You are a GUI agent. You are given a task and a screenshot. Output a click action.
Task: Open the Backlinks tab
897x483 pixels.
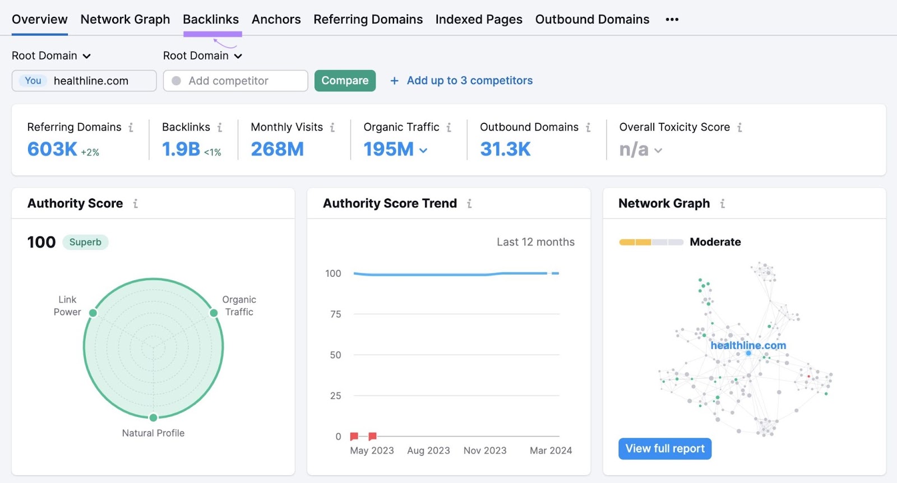point(211,20)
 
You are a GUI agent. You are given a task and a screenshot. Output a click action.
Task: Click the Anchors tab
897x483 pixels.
point(276,20)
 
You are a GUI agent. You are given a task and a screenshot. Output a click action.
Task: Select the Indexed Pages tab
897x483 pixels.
point(479,20)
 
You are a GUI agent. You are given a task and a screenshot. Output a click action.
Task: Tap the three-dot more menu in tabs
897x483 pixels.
point(672,20)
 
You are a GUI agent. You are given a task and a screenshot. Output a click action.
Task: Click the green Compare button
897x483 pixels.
point(345,81)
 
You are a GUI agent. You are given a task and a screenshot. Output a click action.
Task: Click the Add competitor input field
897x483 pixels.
point(235,81)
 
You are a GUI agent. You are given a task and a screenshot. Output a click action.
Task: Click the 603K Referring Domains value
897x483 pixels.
point(52,149)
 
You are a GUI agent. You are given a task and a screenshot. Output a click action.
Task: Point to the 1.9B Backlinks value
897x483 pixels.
point(181,149)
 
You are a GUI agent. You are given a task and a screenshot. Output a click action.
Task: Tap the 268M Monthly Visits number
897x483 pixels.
point(277,149)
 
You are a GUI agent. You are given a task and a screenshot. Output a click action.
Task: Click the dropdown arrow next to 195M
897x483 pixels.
point(423,150)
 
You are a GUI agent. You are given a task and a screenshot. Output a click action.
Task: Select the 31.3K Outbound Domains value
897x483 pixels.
point(505,149)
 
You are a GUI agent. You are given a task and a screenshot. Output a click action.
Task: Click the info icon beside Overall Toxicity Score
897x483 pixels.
point(739,128)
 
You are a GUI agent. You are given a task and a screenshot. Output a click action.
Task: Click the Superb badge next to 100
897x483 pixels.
point(85,242)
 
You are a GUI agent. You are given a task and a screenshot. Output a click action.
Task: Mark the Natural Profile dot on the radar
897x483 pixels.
point(153,417)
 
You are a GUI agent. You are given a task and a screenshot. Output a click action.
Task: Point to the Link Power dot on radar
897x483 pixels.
point(93,313)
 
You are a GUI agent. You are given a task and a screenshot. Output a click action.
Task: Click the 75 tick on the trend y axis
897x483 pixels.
point(335,314)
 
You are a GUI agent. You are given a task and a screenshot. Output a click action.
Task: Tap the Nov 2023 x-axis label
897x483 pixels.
point(485,451)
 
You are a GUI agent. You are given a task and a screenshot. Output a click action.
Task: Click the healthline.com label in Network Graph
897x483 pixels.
point(748,346)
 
